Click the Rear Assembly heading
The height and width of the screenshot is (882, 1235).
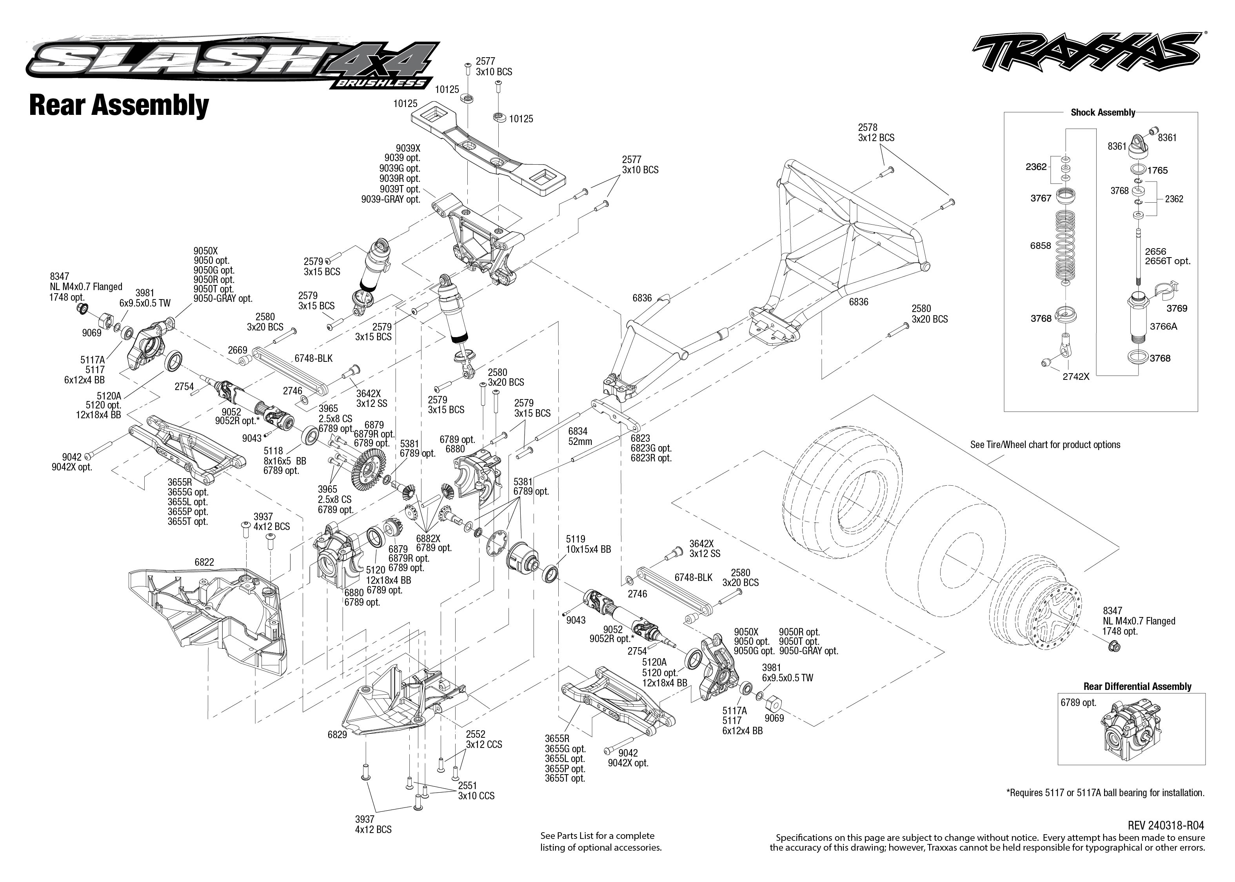coord(118,105)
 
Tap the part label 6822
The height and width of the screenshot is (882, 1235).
coord(204,562)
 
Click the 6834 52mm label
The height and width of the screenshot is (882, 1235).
coord(579,436)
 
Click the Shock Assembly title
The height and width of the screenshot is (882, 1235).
coord(1102,113)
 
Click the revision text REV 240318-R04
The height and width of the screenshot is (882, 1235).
coord(1166,826)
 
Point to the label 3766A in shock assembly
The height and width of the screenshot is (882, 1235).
coord(1163,327)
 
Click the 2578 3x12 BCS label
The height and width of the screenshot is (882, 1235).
coord(876,132)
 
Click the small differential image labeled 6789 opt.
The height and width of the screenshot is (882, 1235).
coord(1132,730)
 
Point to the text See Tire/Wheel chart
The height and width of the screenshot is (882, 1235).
coord(1045,444)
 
